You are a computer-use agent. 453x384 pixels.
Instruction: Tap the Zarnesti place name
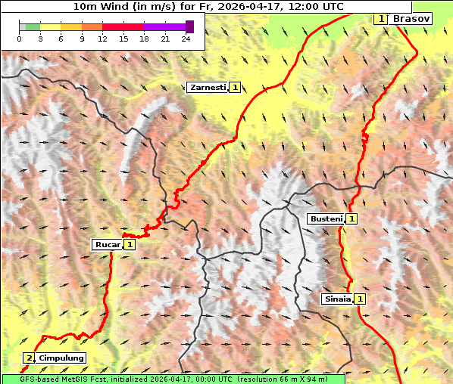207,88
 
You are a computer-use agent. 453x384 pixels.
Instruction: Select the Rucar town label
107,244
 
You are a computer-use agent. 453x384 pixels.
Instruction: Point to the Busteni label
325,218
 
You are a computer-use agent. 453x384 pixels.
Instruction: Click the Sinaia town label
337,299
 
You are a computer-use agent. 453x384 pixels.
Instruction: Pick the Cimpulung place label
61,358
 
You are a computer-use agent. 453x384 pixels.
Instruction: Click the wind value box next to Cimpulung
29,358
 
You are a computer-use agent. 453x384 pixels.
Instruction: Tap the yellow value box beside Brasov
381,18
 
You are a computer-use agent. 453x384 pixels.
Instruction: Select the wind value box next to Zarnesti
236,88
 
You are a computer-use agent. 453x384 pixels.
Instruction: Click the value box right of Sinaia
361,299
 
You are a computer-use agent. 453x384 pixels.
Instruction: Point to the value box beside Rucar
130,244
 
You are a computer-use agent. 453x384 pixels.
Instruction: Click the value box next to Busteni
352,218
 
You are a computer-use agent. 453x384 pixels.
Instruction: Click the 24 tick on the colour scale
186,39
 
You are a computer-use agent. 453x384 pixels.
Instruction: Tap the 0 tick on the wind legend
19,39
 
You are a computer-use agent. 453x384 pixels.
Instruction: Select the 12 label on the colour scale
102,39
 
